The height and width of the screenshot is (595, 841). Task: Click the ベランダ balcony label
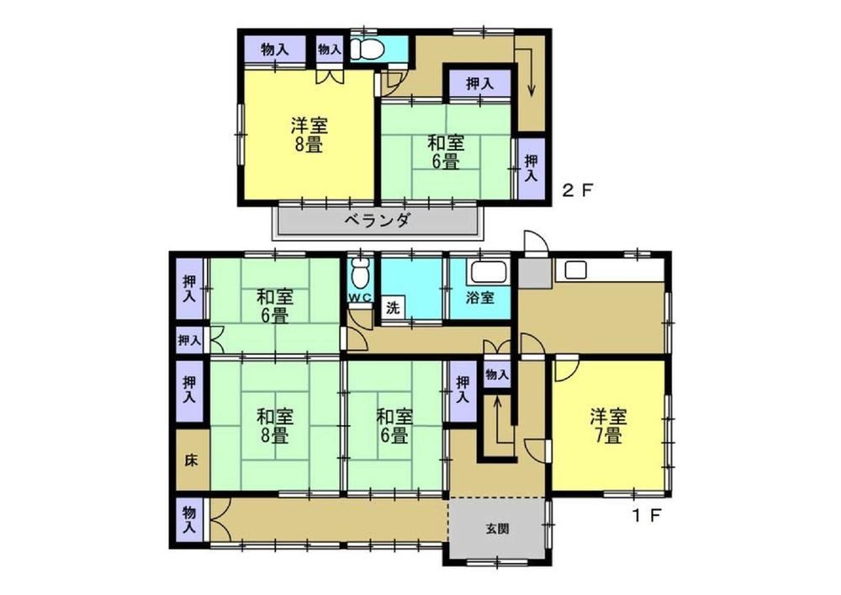[x=378, y=220]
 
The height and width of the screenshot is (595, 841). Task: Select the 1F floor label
[x=646, y=516]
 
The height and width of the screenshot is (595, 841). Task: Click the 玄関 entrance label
[x=497, y=529]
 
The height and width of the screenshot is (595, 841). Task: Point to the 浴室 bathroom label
[x=479, y=298]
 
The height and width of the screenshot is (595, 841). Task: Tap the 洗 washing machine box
[x=394, y=309]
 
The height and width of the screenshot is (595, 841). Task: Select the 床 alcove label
[x=191, y=460]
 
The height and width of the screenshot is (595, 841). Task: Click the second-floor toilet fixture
[x=368, y=50]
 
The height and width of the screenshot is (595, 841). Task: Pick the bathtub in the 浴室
[x=488, y=272]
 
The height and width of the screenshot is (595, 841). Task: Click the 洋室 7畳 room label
[x=609, y=426]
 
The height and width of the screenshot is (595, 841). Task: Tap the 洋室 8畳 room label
[x=309, y=135]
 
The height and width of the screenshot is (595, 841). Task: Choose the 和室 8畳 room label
[x=275, y=426]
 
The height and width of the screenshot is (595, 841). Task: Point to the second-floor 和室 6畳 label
[x=445, y=152]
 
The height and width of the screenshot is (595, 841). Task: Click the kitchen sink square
[x=575, y=269]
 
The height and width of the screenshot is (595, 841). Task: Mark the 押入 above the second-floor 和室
[x=479, y=83]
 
